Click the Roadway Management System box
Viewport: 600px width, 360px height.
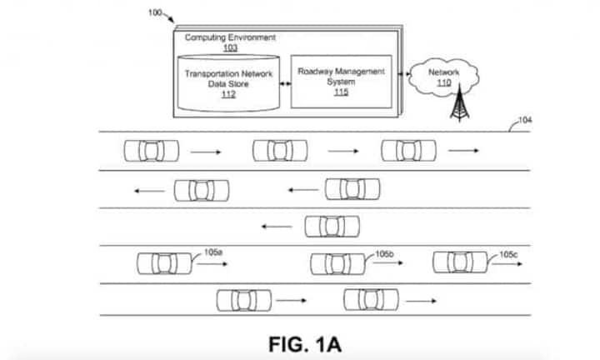342,82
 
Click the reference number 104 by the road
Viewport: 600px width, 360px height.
525,121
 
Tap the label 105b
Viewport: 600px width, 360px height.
384,252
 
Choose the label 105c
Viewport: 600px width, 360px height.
508,253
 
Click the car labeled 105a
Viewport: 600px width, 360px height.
164,263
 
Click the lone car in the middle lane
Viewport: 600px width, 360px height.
332,226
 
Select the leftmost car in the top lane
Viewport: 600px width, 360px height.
152,151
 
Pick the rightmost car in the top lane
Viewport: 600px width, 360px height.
408,151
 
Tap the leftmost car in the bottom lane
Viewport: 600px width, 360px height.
243,299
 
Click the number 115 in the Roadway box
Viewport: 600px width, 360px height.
341,92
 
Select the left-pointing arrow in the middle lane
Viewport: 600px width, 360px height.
276,226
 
